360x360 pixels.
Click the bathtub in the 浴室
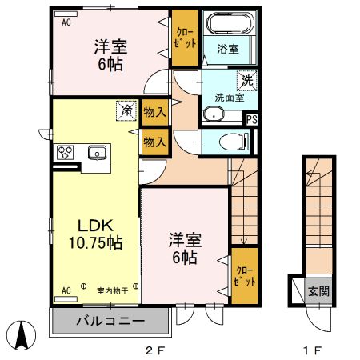point(229,23)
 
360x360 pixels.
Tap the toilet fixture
point(234,142)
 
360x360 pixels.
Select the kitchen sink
point(97,152)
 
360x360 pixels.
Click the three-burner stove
point(65,152)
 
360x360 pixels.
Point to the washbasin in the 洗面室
point(214,114)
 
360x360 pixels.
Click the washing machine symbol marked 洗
point(247,81)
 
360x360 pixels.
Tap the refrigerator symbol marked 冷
point(126,110)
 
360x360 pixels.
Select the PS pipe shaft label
point(252,119)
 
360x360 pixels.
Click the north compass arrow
point(22,335)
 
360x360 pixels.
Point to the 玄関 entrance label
point(318,291)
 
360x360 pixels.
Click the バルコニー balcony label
point(110,321)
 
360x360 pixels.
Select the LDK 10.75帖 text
point(95,234)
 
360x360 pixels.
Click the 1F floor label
point(313,350)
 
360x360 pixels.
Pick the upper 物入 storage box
point(155,112)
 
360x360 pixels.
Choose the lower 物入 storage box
point(155,142)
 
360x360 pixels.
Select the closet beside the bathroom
point(185,38)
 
